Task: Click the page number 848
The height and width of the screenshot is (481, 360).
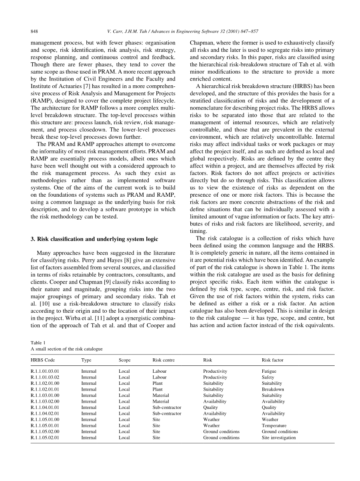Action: (x=34, y=31)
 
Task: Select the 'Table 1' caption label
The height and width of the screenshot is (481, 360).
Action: (x=38, y=343)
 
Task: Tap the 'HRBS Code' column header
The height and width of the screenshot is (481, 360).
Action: (x=42, y=360)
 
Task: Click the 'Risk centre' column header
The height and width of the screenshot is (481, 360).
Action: (x=163, y=360)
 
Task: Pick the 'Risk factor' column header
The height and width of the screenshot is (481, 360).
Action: (x=272, y=360)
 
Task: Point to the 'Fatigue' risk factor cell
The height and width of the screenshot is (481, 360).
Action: (x=269, y=371)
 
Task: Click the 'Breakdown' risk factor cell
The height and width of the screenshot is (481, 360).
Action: (x=273, y=389)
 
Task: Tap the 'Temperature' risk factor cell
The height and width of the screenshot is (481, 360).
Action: (x=274, y=425)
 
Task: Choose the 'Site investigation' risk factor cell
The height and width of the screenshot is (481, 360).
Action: (x=279, y=437)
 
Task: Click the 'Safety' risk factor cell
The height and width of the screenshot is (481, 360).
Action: (x=268, y=377)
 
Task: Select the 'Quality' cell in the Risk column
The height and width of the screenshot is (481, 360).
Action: (x=211, y=407)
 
